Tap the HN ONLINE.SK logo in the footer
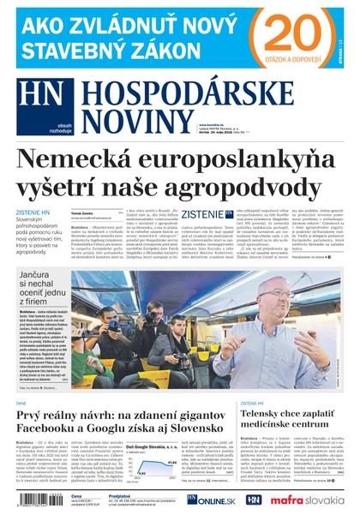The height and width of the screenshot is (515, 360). click(206, 500)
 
